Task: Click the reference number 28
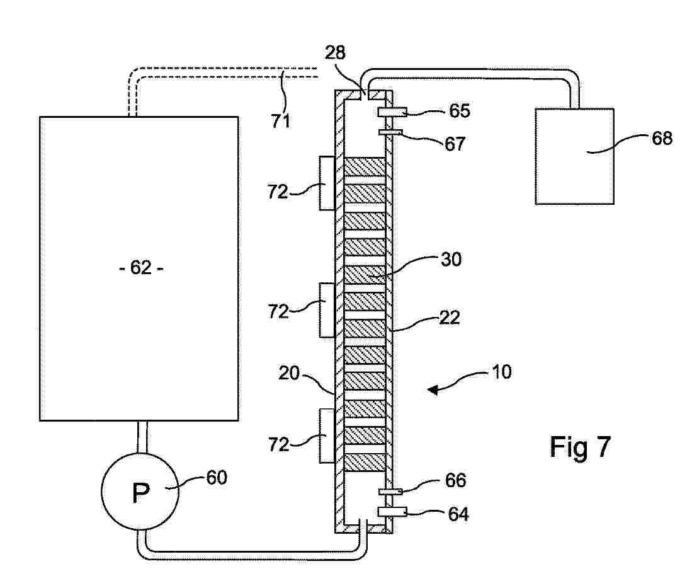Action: (x=335, y=52)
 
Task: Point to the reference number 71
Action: (x=281, y=120)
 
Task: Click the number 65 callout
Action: (x=460, y=110)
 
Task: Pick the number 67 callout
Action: (x=455, y=144)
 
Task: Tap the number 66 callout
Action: (x=455, y=480)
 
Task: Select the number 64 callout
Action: (x=458, y=514)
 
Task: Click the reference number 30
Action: (x=451, y=259)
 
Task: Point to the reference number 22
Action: (x=450, y=317)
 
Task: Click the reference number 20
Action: (x=288, y=374)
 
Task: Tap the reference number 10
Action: (x=501, y=372)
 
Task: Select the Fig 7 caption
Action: (x=580, y=446)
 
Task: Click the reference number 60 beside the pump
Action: (x=217, y=478)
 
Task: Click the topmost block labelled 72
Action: (x=327, y=183)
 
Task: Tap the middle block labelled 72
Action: (x=327, y=310)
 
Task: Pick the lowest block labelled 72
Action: (x=327, y=436)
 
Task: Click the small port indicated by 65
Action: (x=392, y=112)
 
